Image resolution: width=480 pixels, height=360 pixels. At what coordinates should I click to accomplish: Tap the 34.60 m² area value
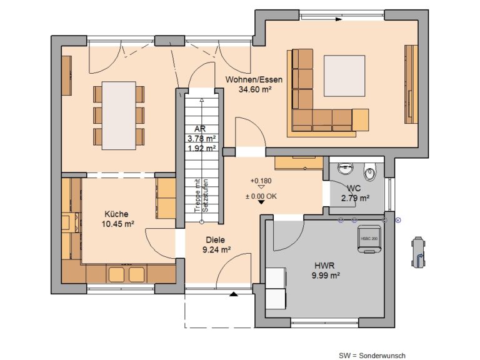254,89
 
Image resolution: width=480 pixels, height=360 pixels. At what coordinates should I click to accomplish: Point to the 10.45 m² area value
118,222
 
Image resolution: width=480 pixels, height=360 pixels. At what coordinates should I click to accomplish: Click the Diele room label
216,239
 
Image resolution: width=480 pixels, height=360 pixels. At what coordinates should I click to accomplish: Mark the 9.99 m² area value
326,274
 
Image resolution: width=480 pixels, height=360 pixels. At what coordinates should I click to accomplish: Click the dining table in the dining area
119,115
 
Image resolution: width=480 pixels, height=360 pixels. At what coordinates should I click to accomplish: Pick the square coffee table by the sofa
344,76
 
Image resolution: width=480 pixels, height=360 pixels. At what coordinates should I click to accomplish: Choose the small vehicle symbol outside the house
417,251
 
